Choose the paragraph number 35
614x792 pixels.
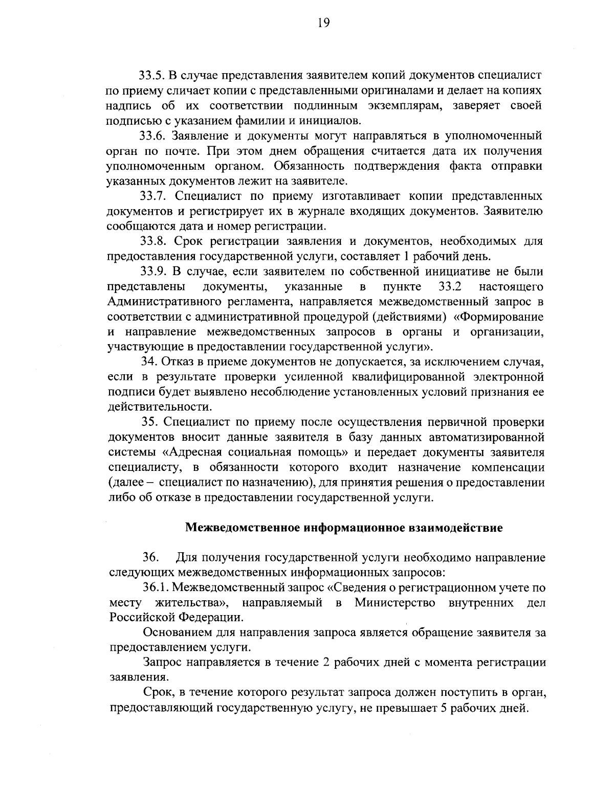pyautogui.click(x=149, y=422)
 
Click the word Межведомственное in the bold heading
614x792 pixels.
pyautogui.click(x=243, y=528)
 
